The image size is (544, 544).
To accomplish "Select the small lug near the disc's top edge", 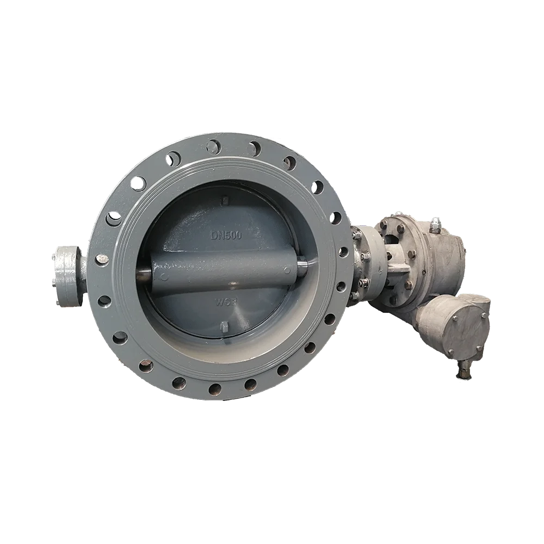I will tap(224, 200).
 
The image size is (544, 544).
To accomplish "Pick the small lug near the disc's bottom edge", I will tap(225, 326).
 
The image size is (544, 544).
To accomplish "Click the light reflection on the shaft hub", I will tap(233, 283).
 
